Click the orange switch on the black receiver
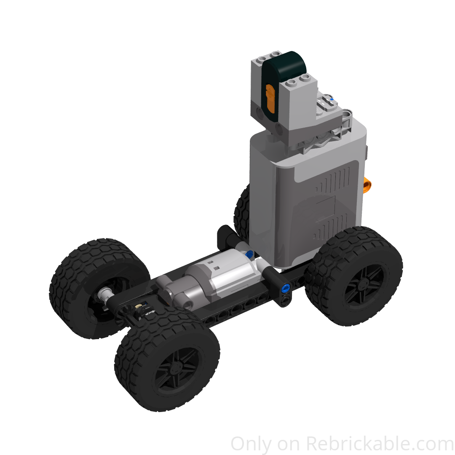(270, 98)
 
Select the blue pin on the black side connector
(286, 289)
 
